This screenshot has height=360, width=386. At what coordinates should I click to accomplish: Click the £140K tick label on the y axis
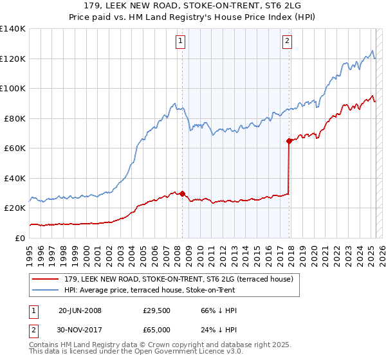click(13, 29)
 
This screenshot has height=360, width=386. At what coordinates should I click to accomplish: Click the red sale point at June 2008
click(182, 193)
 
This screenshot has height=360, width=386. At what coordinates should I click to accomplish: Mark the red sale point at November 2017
click(289, 141)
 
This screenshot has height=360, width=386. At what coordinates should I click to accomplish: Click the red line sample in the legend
click(45, 279)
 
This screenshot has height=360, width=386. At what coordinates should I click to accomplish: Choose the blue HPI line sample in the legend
click(45, 289)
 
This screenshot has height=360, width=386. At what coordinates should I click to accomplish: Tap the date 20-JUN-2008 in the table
click(80, 310)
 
